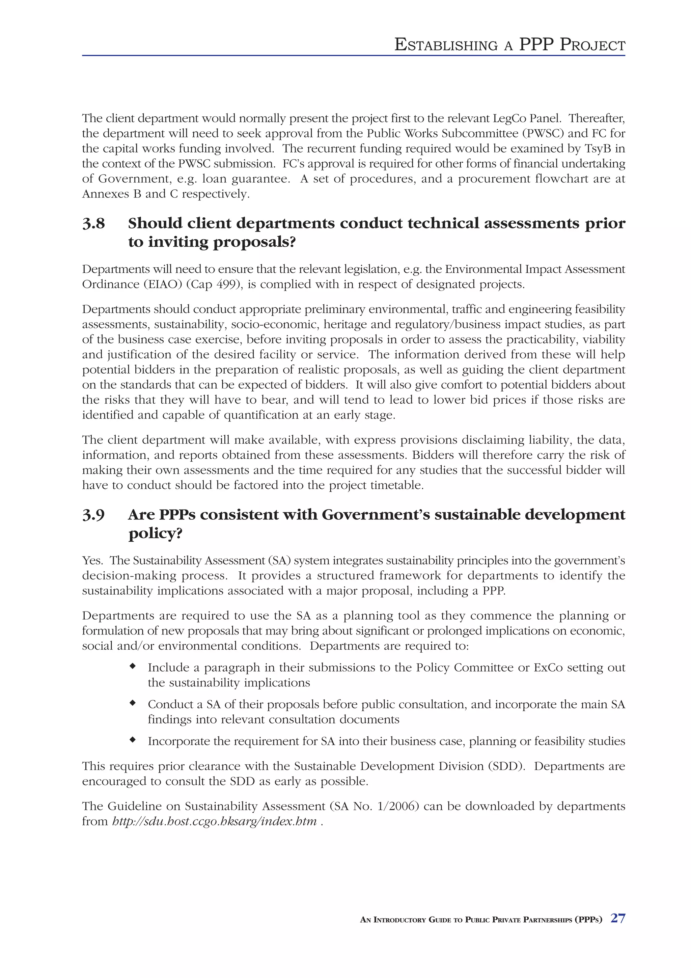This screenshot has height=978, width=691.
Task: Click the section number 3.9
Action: point(94,515)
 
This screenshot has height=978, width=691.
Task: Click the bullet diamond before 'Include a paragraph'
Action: point(133,666)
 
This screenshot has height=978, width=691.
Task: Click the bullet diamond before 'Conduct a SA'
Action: point(133,703)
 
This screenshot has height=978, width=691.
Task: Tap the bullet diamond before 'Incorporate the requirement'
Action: point(133,740)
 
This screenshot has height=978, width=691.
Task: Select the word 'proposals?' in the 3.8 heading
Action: point(254,242)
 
